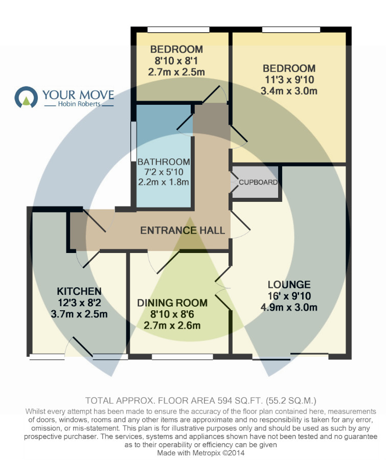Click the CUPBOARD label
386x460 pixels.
pos(258,182)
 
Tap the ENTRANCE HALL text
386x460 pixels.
pos(183,231)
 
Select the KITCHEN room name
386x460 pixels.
pos(79,291)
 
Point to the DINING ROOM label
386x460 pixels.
pos(172,303)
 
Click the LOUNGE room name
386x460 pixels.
pos(289,285)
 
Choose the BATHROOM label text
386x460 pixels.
pos(164,162)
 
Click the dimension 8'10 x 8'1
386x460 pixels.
pos(176,61)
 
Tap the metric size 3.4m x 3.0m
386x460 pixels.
pos(289,91)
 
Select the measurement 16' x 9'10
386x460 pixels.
pos(289,296)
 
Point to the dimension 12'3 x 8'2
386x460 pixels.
pos(79,303)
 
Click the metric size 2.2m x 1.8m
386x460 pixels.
pos(164,182)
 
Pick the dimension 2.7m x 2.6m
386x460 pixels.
pos(172,326)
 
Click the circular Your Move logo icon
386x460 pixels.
pos(26,97)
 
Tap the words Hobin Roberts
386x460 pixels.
pos(79,104)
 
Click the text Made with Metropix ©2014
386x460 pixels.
pos(201,453)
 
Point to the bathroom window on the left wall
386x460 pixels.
pos(133,142)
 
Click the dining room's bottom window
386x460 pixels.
pos(183,357)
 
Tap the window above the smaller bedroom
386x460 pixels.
pos(178,29)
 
